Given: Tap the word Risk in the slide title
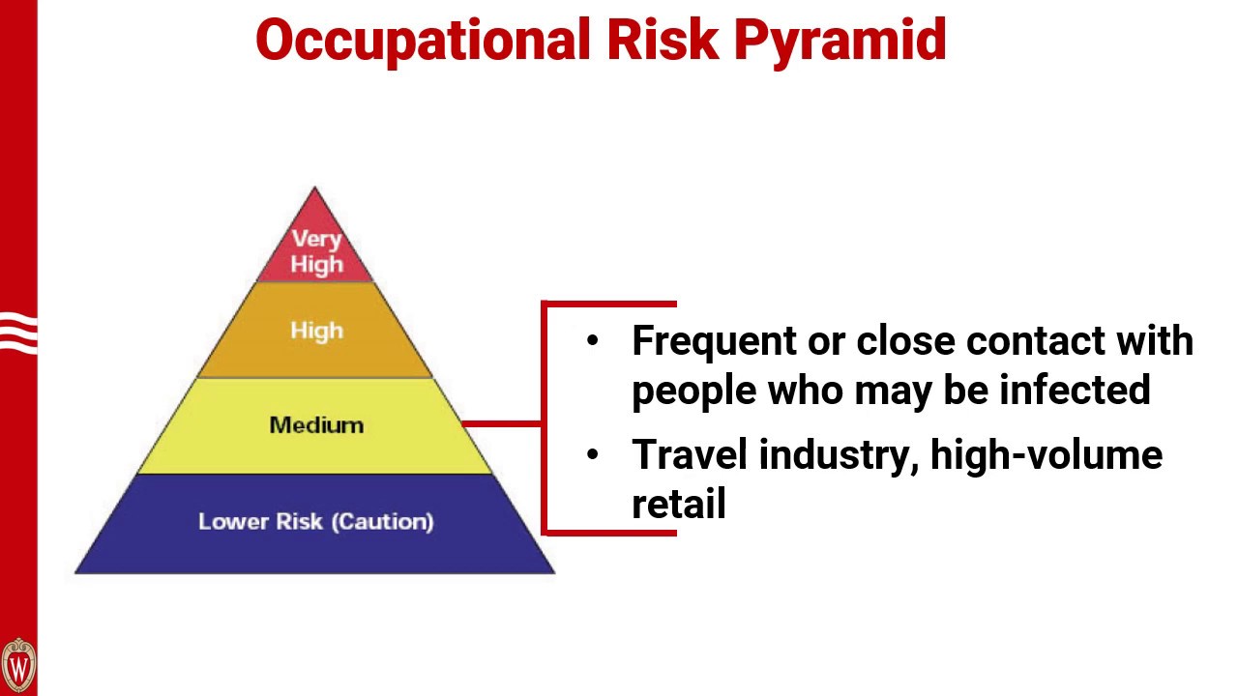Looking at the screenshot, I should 662,41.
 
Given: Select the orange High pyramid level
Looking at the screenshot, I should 316,331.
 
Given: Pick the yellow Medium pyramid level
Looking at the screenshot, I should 316,425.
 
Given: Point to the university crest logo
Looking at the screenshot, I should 18,665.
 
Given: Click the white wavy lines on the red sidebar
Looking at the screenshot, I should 18,333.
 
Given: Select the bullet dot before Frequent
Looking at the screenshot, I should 593,340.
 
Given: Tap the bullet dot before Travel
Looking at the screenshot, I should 593,453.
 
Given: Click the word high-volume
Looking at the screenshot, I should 1046,453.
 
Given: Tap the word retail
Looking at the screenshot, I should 678,503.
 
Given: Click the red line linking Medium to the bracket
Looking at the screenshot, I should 503,423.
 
